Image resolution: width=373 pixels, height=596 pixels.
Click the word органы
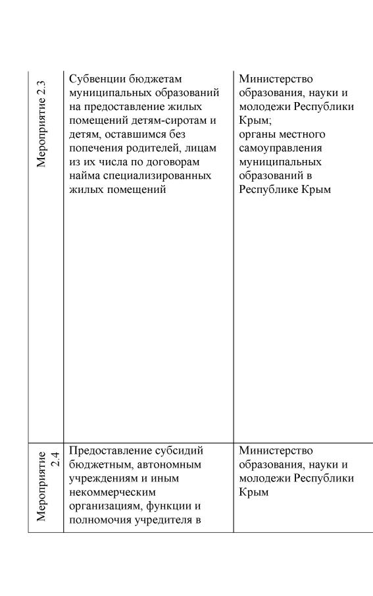pyautogui.click(x=256, y=134)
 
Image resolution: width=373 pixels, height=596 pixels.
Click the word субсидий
pyautogui.click(x=179, y=451)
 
